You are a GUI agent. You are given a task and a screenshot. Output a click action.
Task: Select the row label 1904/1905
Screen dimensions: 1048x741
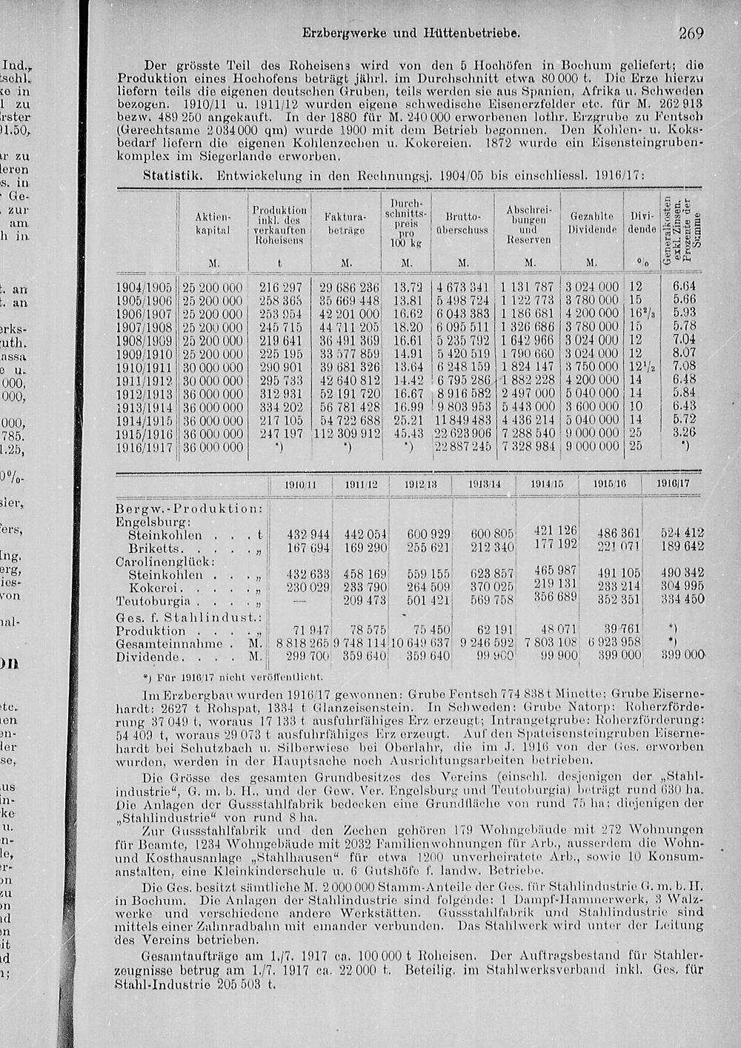(x=144, y=288)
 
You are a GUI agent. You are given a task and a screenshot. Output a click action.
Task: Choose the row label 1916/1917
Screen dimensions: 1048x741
(x=144, y=447)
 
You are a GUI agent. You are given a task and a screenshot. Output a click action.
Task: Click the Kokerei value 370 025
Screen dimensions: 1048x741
(x=491, y=587)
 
